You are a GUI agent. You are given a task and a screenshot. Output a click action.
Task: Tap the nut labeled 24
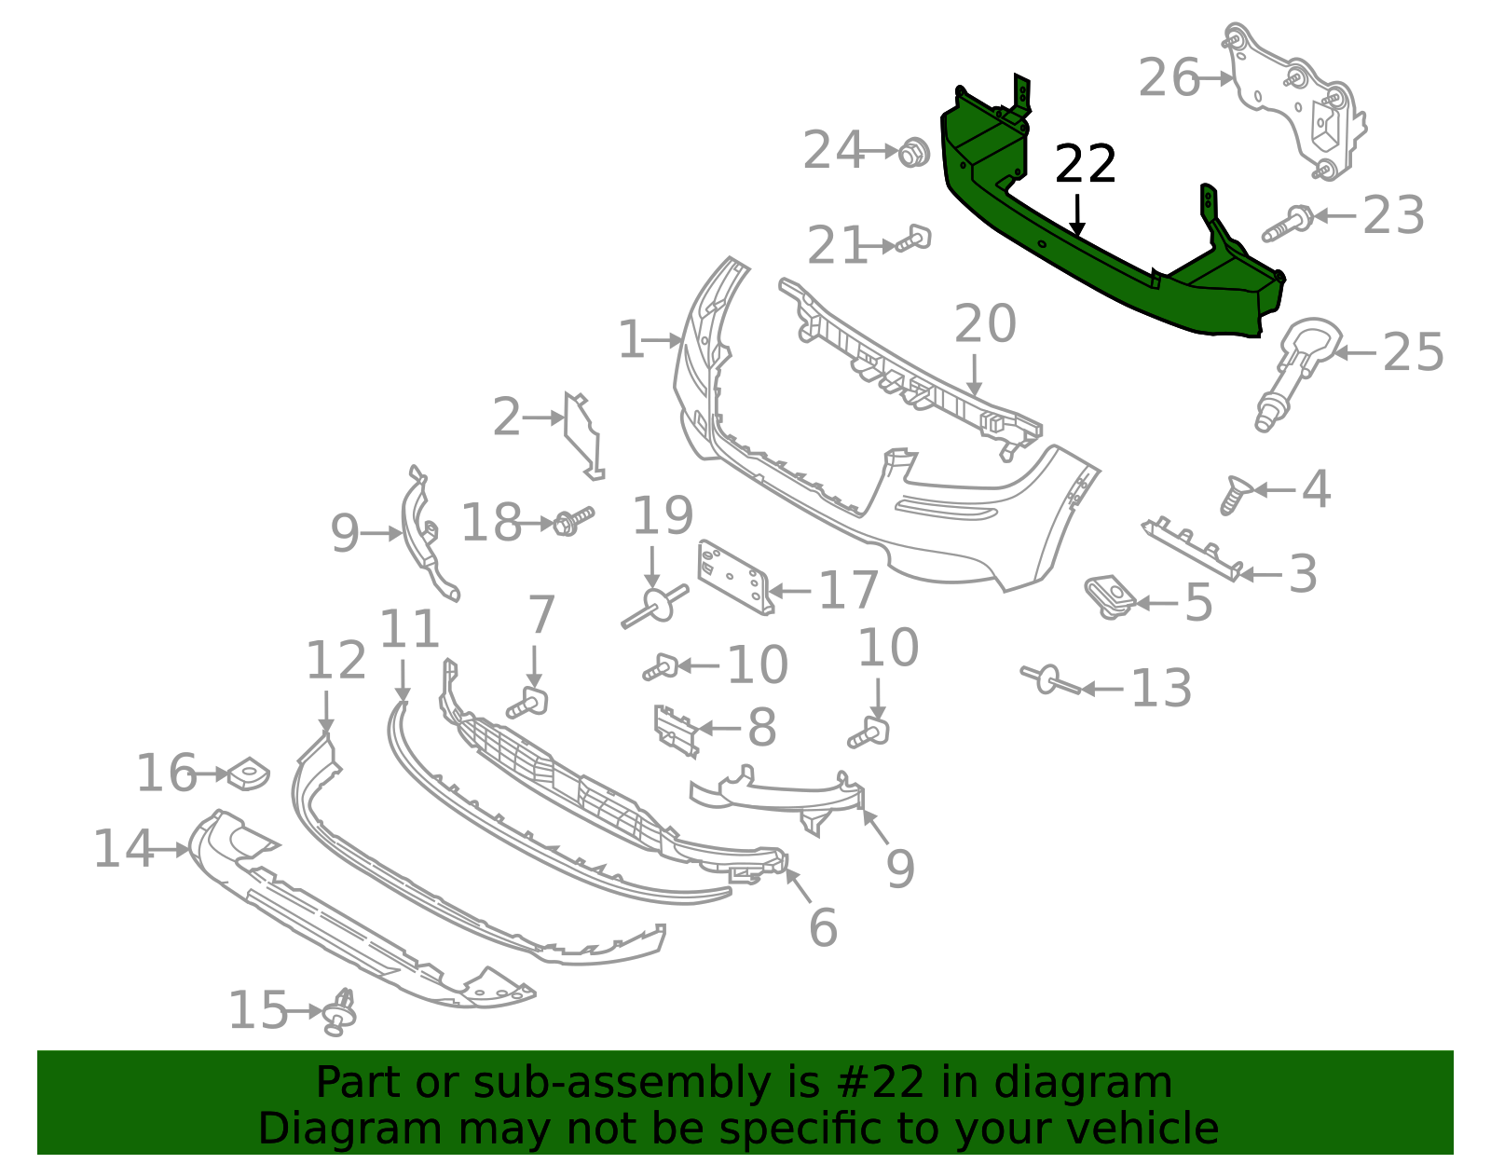pyautogui.click(x=913, y=151)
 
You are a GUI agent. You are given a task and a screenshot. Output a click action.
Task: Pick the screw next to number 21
pyautogui.click(x=914, y=240)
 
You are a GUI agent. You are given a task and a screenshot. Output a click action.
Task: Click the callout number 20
pyautogui.click(x=984, y=324)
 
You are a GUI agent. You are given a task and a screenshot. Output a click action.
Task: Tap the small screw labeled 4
pyautogui.click(x=1235, y=494)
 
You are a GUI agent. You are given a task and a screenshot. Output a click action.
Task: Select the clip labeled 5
pyautogui.click(x=1109, y=596)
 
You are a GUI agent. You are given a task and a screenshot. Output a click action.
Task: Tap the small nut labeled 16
pyautogui.click(x=248, y=774)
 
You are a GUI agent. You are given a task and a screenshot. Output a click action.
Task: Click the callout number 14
pyautogui.click(x=123, y=850)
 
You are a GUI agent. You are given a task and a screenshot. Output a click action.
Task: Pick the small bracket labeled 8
pyautogui.click(x=677, y=730)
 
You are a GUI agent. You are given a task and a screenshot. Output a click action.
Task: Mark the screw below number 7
pyautogui.click(x=528, y=705)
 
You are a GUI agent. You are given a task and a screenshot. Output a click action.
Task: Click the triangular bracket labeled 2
pyautogui.click(x=583, y=433)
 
